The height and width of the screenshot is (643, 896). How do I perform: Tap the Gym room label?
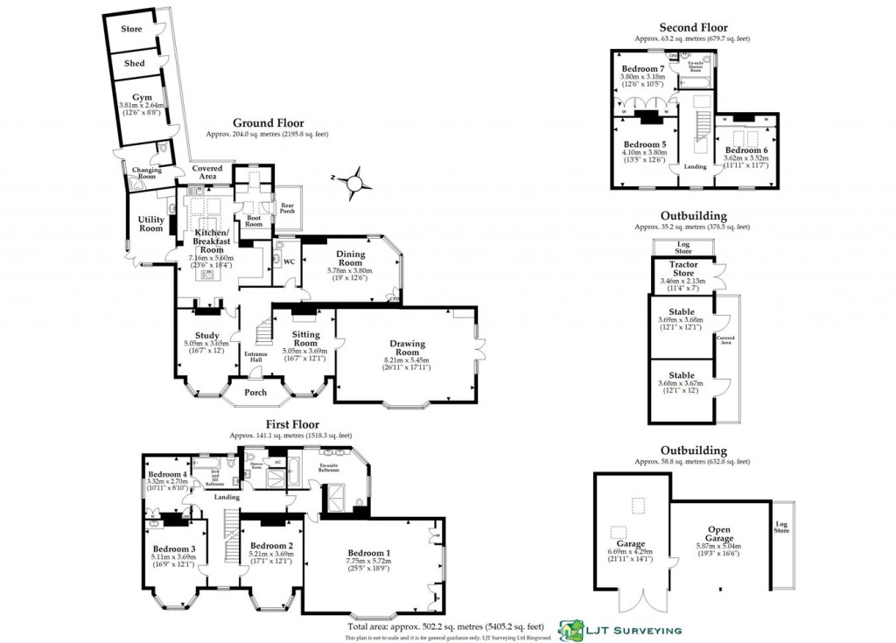coord(142,97)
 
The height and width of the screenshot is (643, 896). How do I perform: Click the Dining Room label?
coord(350,258)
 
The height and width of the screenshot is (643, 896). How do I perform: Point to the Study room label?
coord(207,335)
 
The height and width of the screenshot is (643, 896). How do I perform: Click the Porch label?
coord(255,392)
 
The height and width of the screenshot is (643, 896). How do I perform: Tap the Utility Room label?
coord(151,224)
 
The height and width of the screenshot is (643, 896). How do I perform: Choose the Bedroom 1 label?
coord(368,553)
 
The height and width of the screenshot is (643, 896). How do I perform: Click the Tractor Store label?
coord(682,269)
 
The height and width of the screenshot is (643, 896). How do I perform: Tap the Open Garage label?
coord(720,534)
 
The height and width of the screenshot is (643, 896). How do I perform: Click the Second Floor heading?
coord(693,28)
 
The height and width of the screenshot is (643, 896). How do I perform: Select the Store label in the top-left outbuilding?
coord(131,29)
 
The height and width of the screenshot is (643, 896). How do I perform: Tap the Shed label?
coord(135,63)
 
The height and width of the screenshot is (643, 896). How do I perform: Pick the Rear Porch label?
coord(287,207)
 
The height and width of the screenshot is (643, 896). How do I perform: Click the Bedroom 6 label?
coord(745,150)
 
